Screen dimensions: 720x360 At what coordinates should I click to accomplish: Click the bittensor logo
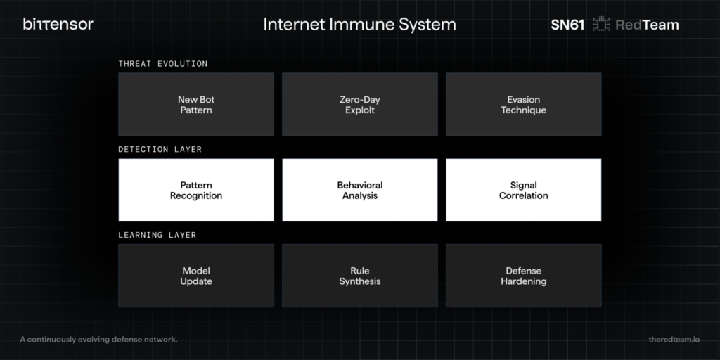click(58, 25)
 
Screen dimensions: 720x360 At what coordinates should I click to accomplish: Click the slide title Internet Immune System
click(359, 25)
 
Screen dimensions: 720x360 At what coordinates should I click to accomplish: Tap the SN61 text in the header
click(567, 25)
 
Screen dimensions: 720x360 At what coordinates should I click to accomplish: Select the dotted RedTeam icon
click(601, 25)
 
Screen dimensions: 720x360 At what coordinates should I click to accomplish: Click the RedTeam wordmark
click(647, 25)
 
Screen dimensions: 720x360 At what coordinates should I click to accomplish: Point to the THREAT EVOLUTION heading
click(163, 64)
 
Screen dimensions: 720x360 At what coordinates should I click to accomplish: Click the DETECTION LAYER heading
click(160, 149)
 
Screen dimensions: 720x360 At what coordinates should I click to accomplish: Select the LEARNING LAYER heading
click(157, 235)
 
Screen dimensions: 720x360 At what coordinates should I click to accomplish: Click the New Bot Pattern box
click(196, 104)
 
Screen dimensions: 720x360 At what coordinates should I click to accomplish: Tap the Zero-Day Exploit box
click(359, 104)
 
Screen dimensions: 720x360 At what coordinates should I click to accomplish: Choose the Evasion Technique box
click(523, 104)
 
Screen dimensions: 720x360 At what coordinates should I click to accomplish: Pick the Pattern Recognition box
click(196, 190)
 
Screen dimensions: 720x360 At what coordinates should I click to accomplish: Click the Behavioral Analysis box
click(359, 190)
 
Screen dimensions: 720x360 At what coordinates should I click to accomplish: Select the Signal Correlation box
click(523, 190)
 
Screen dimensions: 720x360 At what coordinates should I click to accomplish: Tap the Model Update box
click(196, 276)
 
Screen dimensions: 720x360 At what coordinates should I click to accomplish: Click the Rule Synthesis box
click(359, 276)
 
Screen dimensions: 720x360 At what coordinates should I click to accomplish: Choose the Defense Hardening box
click(523, 276)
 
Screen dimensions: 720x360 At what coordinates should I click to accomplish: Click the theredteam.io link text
click(674, 340)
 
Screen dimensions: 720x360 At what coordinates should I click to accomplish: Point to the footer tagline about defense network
click(98, 340)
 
